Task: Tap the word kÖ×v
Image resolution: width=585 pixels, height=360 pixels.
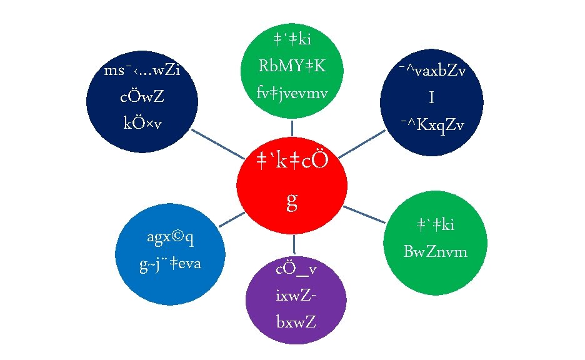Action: point(142,124)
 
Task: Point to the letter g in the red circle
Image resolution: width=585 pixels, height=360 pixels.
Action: point(291,200)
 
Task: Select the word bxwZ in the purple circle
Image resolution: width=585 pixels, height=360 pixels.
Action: point(296,322)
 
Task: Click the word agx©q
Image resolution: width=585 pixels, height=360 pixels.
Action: point(170,237)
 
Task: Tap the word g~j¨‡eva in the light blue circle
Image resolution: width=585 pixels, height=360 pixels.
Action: point(170,265)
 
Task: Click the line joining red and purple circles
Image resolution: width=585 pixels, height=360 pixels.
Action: point(294,243)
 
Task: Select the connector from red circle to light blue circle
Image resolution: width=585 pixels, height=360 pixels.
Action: point(231,219)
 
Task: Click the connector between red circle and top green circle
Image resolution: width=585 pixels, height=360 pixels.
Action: point(292,128)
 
